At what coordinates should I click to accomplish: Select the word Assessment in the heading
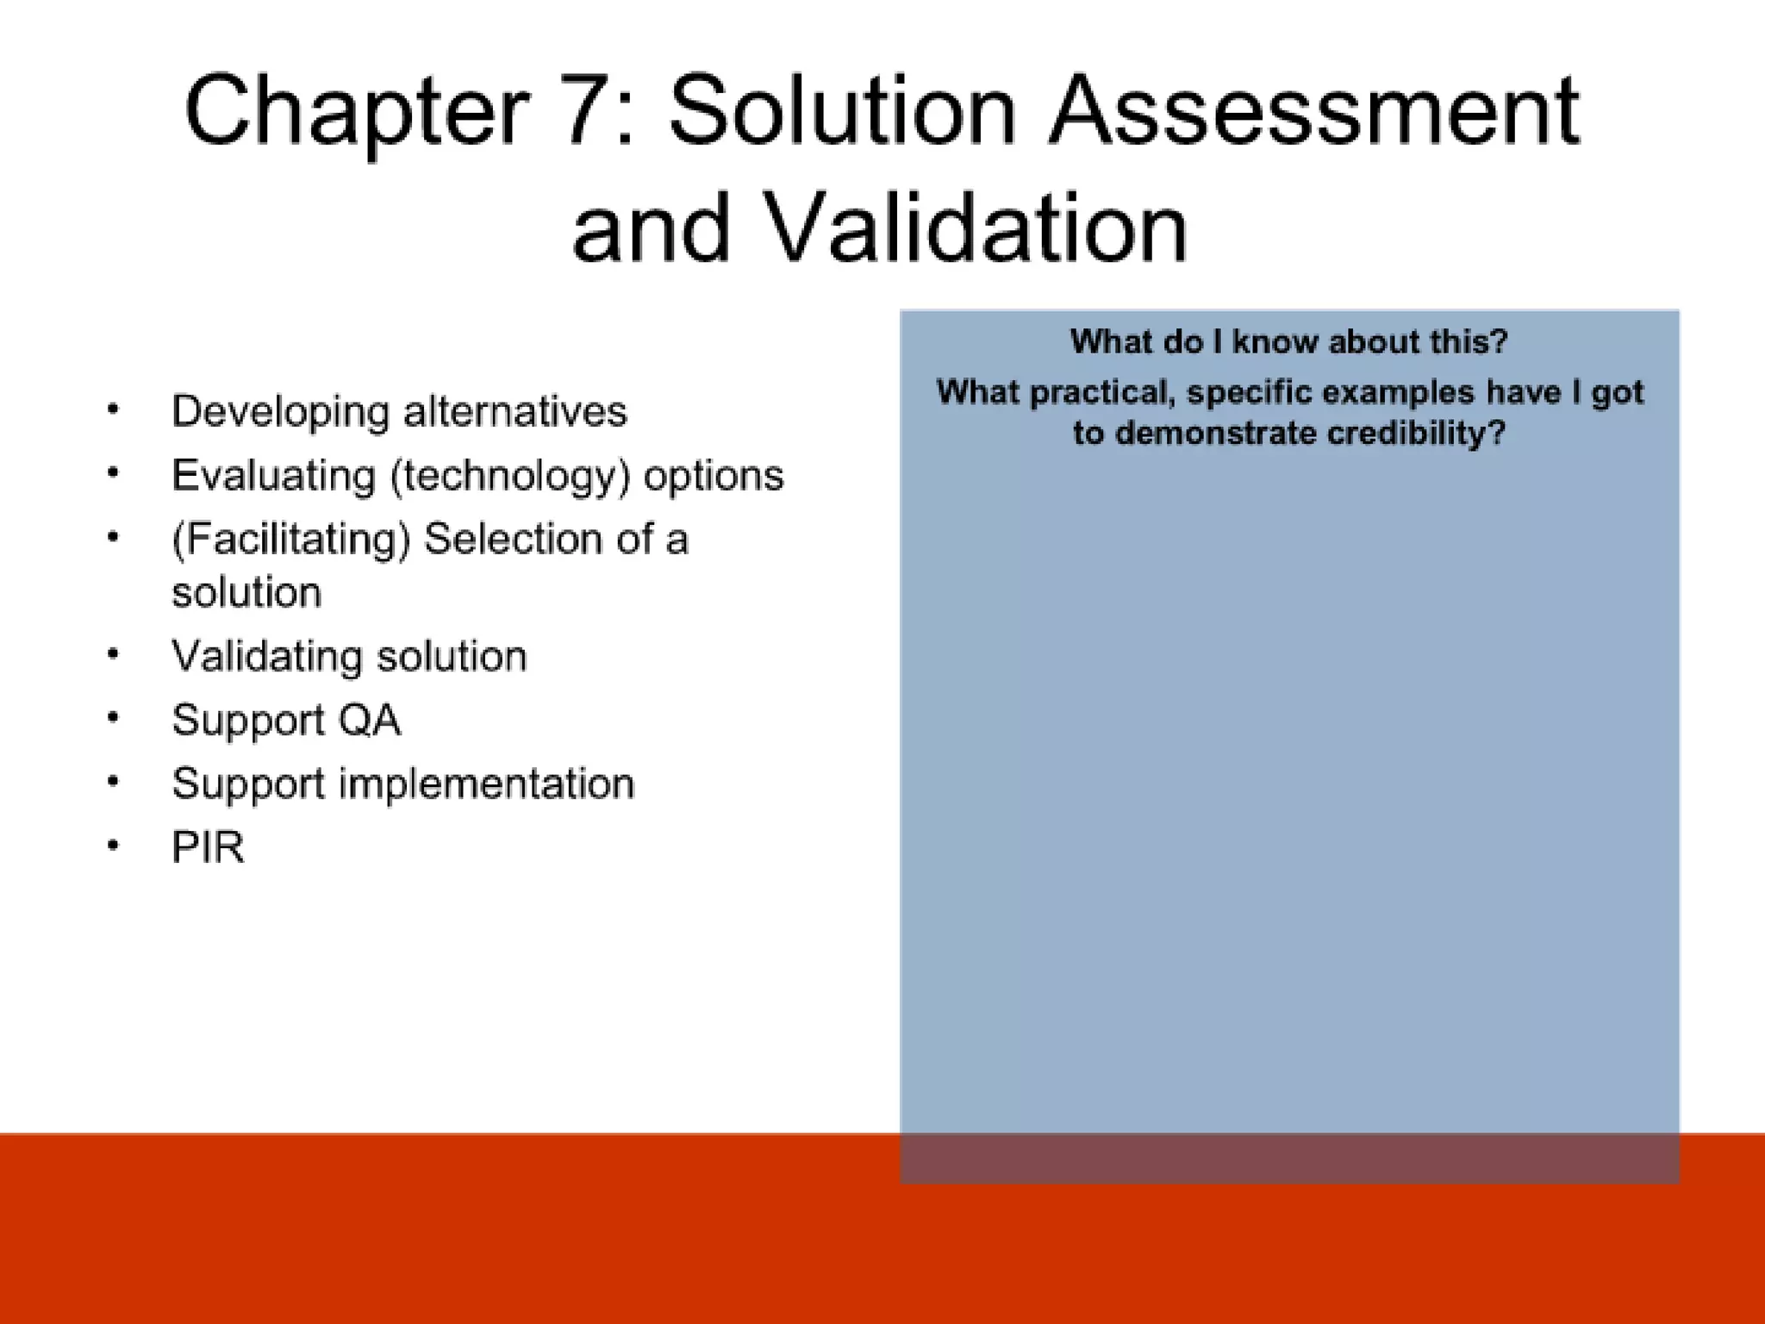[x=1313, y=111]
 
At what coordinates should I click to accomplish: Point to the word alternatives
[x=515, y=411]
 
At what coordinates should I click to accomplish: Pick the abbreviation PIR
[x=208, y=847]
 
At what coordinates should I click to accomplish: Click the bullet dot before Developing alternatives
[x=113, y=410]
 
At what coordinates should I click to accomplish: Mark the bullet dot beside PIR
[x=113, y=846]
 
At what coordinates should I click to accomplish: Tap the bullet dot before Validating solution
[x=113, y=655]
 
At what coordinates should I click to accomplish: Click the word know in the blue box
[x=1275, y=342]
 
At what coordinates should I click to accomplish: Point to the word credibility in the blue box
[x=1414, y=433]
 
